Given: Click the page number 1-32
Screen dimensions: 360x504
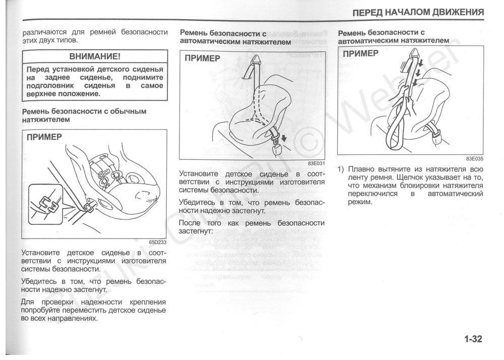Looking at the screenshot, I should (471, 339).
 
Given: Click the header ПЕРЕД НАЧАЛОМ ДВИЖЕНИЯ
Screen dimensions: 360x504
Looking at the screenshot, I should (418, 12).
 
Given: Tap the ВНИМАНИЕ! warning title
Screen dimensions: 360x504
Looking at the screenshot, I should (95, 55).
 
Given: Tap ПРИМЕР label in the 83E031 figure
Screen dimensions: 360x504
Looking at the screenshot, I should (202, 58).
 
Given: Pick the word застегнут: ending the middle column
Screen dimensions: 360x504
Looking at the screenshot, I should (196, 231).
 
